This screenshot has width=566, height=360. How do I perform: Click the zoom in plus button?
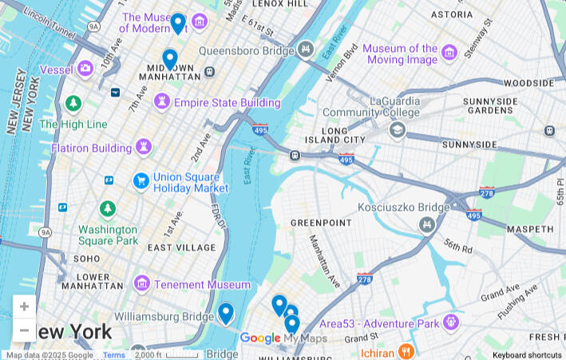point(24,307)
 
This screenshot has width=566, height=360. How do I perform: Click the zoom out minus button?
point(24,330)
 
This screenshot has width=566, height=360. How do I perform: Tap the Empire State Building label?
point(227,103)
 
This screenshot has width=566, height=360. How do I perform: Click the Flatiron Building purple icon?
point(144,147)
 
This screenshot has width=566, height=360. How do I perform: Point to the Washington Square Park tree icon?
point(108,209)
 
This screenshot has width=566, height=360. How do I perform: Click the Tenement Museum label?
point(203,284)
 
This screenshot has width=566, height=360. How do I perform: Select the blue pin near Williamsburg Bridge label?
point(226,313)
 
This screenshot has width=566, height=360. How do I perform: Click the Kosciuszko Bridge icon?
point(426,224)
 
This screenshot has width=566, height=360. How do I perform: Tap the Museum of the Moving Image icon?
point(449,53)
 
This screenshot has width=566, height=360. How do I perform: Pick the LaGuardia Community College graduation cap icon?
point(397,129)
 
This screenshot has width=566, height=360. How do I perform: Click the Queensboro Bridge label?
point(246,50)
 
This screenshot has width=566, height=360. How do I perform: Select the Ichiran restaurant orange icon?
point(406,351)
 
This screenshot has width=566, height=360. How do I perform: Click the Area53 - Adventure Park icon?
point(451,323)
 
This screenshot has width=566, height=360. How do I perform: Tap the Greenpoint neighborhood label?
point(315,223)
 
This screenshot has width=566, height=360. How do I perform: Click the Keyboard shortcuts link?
point(527,355)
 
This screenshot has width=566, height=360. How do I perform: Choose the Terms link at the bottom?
point(114,355)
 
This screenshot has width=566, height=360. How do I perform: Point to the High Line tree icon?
point(73,104)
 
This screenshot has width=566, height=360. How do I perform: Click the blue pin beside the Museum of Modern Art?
point(178,23)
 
